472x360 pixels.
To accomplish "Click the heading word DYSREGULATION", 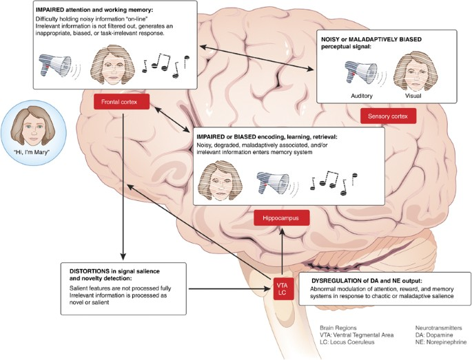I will (x=334, y=281).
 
